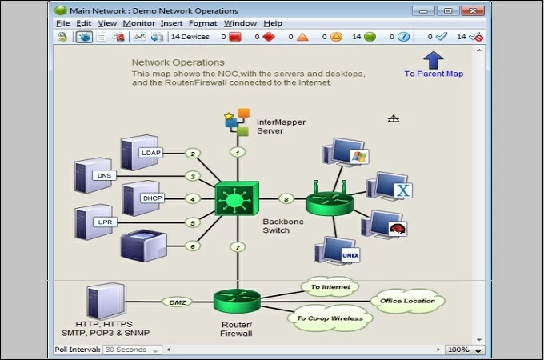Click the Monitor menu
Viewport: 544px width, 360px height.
coord(138,23)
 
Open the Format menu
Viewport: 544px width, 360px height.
coord(202,23)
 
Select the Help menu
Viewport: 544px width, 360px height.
coord(272,23)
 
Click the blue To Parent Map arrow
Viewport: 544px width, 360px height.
coord(433,60)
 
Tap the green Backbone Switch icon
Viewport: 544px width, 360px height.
coord(237,198)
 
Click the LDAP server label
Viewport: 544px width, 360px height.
coord(150,153)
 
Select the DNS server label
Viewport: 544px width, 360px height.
coord(104,175)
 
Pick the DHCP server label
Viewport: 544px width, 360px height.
coord(152,198)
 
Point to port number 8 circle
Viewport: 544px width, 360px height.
coord(286,198)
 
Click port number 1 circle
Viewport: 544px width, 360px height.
coord(237,151)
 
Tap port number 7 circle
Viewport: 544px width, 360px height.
coord(237,247)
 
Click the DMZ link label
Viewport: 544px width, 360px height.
coord(176,302)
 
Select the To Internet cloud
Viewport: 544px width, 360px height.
coord(330,286)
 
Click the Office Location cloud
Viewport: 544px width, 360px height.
coord(408,301)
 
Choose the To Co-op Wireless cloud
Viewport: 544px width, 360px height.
coord(330,318)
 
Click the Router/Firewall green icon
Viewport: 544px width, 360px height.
coord(237,302)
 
